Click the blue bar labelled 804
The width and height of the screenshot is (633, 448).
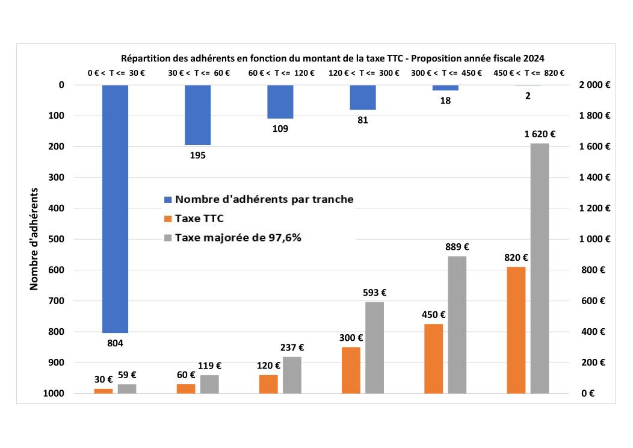point(115,208)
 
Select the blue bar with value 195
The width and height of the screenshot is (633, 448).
point(197,115)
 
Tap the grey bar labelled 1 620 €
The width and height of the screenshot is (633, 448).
point(540,268)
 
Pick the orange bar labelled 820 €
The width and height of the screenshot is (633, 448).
point(516,330)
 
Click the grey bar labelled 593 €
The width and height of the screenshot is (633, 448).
point(374,347)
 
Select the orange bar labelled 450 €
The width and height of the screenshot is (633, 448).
point(433,358)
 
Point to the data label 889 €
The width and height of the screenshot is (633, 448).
point(457,246)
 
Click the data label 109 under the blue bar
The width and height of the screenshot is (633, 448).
point(280,128)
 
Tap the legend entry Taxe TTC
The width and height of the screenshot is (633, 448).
point(199,218)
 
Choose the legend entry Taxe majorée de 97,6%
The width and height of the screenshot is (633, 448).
point(238,237)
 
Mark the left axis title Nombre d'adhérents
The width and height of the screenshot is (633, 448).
point(34,239)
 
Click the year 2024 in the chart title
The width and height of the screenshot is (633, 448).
point(534,58)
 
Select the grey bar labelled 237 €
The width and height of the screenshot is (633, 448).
point(292,375)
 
